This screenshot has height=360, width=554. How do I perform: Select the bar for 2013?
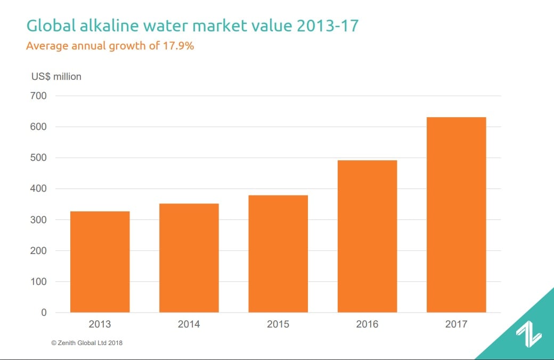[x=100, y=261]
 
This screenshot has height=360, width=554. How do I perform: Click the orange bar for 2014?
[x=189, y=258]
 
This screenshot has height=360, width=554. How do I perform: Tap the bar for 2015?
[x=278, y=253]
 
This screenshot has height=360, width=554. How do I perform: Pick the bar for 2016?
[x=367, y=236]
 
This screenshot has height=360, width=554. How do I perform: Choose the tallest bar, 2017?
[x=456, y=215]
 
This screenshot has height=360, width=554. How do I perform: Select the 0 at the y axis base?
[x=44, y=313]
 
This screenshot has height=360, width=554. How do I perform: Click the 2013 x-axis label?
[x=100, y=324]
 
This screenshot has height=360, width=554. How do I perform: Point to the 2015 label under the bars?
[x=278, y=324]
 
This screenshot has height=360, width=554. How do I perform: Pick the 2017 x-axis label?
[x=456, y=324]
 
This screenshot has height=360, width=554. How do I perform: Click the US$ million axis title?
[x=56, y=77]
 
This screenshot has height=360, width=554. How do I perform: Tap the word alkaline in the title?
[x=104, y=25]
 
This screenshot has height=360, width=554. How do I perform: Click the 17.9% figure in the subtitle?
[x=178, y=46]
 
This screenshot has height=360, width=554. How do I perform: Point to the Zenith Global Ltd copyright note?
[x=87, y=343]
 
